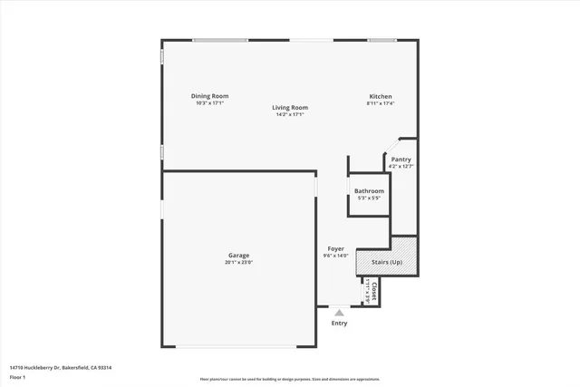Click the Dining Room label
209,96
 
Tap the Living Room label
290,108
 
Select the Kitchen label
380,96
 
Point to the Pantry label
401,160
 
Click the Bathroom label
369,191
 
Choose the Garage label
238,256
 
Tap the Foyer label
336,248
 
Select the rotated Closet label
374,291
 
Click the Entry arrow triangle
339,313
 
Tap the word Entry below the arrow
339,323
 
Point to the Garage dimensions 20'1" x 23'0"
238,263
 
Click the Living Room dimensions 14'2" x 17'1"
290,115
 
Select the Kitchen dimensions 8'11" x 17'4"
380,103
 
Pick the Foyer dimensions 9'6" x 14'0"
336,256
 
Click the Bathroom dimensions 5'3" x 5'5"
369,198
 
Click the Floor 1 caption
17,376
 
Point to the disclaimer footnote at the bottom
290,380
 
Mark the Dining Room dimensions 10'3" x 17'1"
209,103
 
